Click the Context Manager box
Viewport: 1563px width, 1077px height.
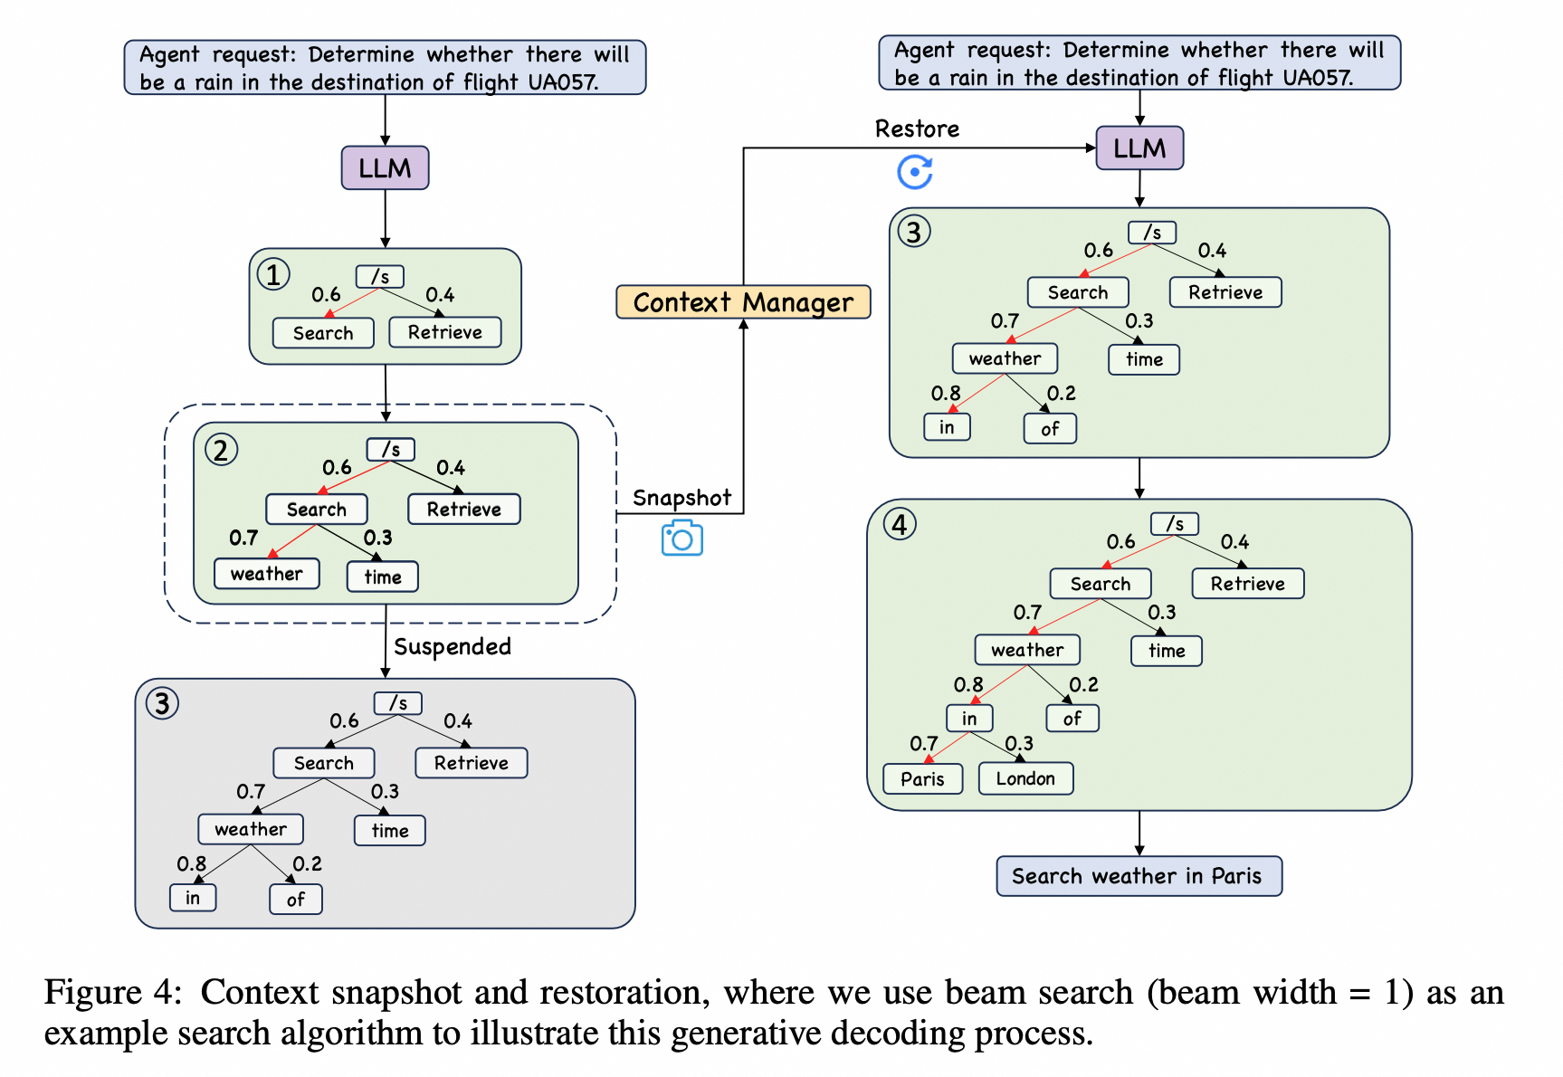tap(743, 302)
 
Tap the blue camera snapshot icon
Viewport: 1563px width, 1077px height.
tap(681, 538)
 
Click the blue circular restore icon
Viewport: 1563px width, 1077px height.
tap(915, 172)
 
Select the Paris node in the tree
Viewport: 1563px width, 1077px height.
tap(922, 778)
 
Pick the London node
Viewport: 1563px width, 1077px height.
tap(1025, 778)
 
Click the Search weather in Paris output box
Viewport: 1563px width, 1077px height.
tap(1138, 876)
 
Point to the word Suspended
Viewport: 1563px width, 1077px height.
tap(453, 646)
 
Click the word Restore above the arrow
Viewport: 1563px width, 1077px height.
tap(917, 129)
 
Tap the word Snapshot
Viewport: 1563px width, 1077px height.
tap(681, 498)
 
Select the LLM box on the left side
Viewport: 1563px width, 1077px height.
tap(385, 168)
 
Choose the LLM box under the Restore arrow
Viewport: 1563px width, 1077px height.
tap(1139, 148)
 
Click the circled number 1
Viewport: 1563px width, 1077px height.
tap(273, 274)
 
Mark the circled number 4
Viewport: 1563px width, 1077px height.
tap(900, 524)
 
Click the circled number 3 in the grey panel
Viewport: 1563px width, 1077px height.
tap(163, 703)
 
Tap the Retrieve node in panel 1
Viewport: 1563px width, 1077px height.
tap(445, 332)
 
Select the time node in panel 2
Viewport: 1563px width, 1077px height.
tap(383, 577)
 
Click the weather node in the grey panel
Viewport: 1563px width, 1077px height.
tap(251, 829)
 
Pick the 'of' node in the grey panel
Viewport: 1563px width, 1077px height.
tap(296, 900)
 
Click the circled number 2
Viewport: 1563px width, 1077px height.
tap(221, 450)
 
